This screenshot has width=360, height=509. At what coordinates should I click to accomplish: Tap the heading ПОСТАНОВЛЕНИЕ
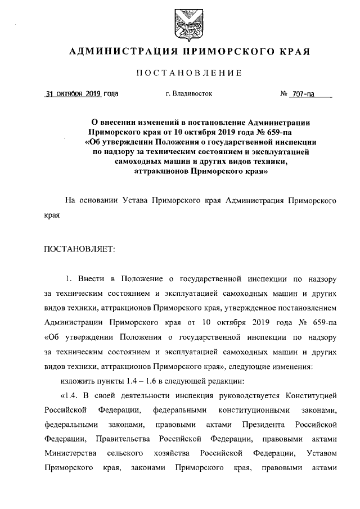190,73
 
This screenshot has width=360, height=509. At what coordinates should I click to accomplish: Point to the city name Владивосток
193,94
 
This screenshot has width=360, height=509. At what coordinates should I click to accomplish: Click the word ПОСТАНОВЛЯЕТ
79,249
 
